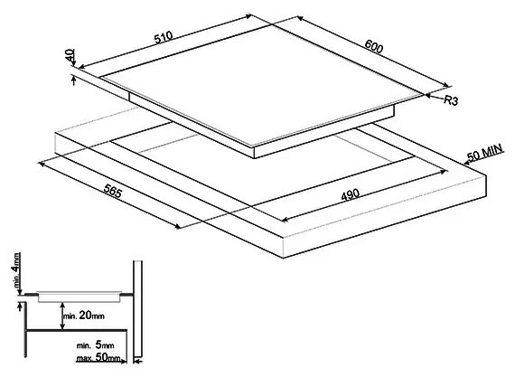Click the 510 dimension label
(x=164, y=37)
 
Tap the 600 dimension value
(x=374, y=46)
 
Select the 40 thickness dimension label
(x=70, y=55)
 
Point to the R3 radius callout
(x=451, y=100)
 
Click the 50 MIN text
(x=485, y=152)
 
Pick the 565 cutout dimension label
(x=113, y=191)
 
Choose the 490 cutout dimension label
(x=351, y=195)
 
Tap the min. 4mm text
(x=15, y=270)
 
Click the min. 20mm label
(x=84, y=316)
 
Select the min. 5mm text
(x=95, y=345)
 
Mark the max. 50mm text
(x=98, y=357)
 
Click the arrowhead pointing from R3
(x=428, y=95)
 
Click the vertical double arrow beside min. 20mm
(x=62, y=316)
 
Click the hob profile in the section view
(x=80, y=297)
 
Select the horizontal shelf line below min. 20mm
(x=77, y=330)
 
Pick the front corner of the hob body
(x=255, y=158)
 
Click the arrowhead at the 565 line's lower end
(x=178, y=226)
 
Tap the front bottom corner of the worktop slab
(x=283, y=258)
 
